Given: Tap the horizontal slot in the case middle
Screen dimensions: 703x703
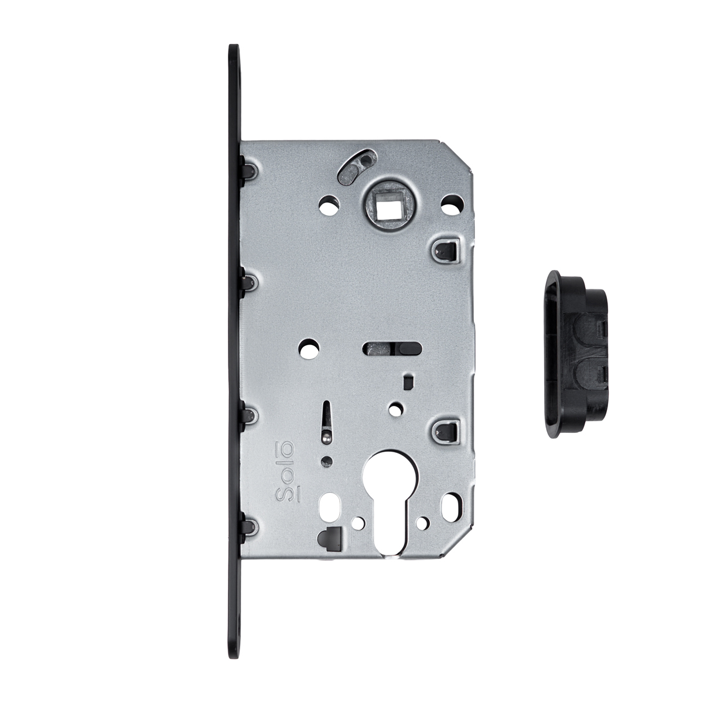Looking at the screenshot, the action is pos(392,348).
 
